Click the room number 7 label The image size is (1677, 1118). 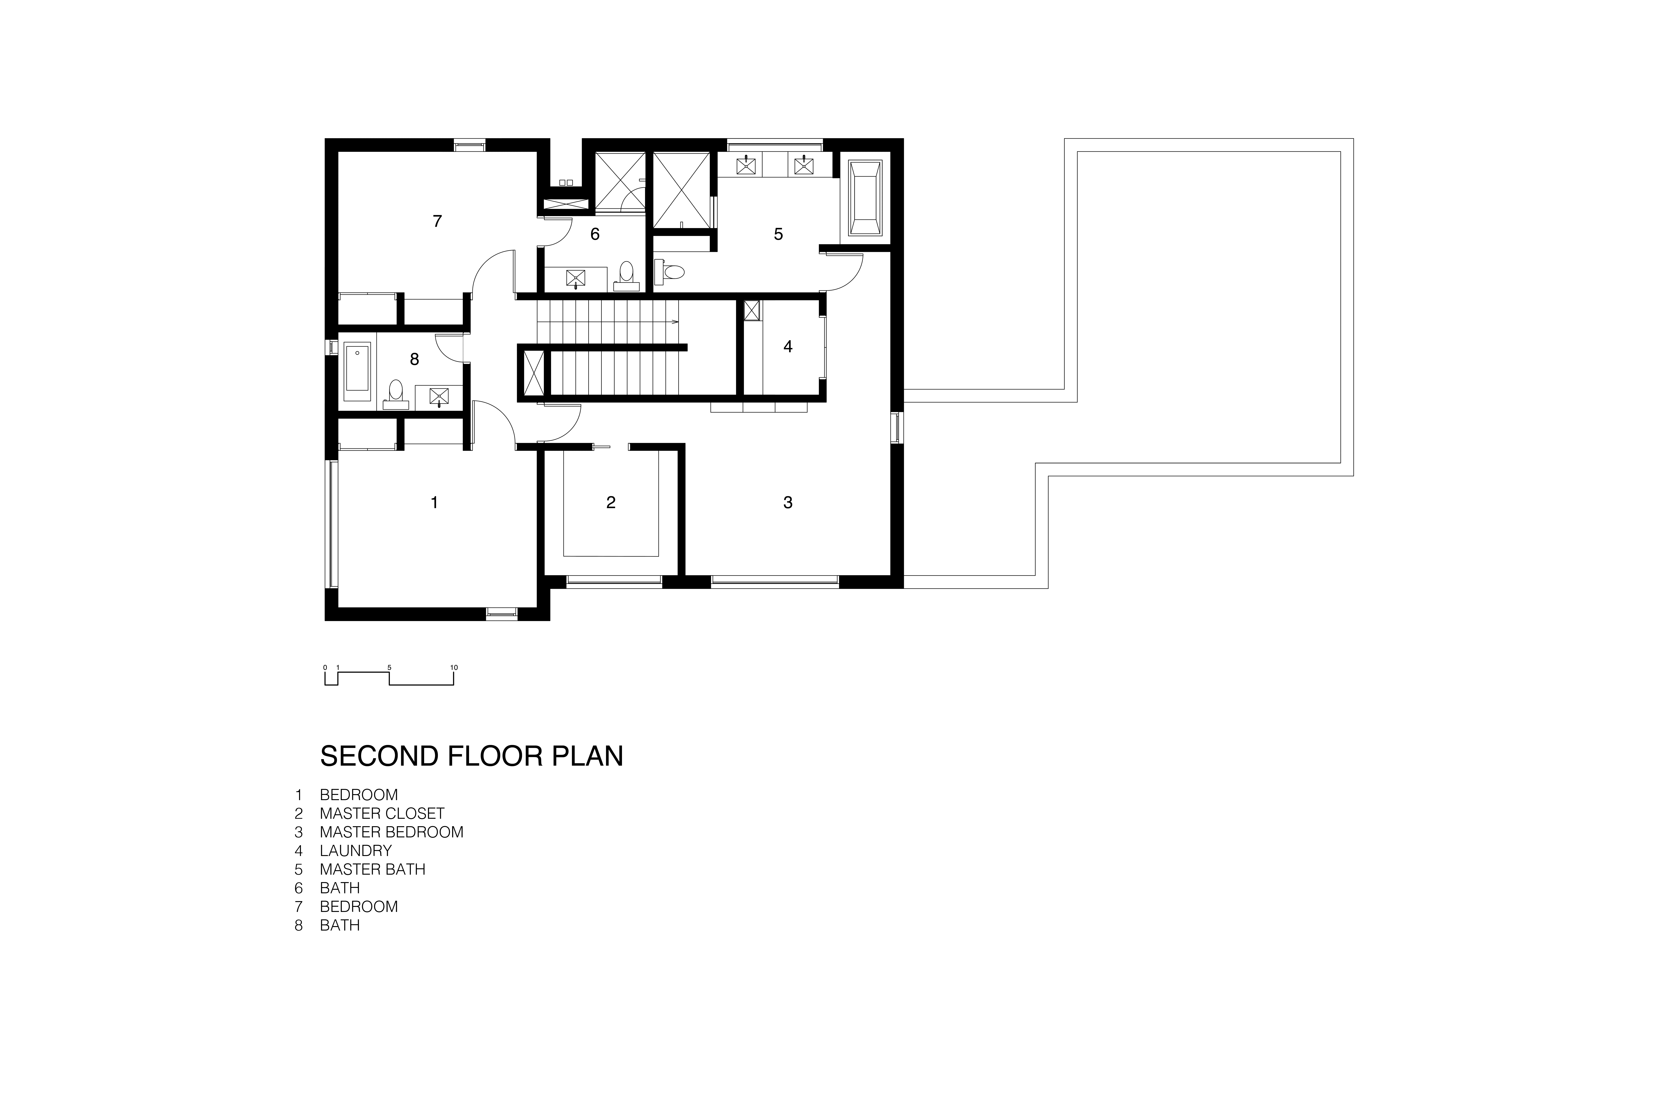point(437,221)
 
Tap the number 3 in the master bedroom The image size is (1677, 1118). point(788,503)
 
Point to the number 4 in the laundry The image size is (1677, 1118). point(788,347)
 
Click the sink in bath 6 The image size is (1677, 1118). point(576,277)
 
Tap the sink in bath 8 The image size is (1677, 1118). point(439,397)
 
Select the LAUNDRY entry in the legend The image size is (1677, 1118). point(356,851)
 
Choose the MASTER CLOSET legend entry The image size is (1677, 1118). point(382,814)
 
